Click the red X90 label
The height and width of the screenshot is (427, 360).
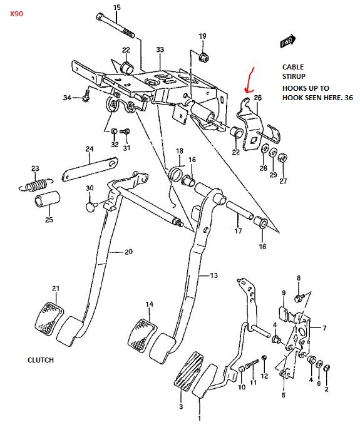coord(16,14)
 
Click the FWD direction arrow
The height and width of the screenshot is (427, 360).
coord(287,41)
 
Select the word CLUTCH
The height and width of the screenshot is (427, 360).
coord(41,360)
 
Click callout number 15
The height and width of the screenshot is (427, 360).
coord(117,8)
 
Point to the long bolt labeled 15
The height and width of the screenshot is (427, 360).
coord(115,25)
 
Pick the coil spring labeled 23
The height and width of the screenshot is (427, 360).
coord(36,185)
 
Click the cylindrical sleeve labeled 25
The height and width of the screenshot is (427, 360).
coord(48,199)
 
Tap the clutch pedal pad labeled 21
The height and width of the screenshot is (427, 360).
coord(49,317)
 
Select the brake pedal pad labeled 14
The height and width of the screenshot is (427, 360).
coord(142,334)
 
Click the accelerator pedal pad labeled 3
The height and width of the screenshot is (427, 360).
coord(188,371)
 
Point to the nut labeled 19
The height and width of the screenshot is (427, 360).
coord(203,57)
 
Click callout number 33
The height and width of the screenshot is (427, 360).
coord(160,49)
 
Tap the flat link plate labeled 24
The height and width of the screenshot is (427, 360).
coord(90,169)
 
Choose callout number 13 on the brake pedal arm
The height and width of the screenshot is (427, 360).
coord(213,275)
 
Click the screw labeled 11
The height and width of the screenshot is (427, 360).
coord(252,364)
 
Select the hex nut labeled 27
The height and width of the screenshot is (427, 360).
coord(282,158)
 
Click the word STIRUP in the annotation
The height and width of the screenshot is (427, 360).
coord(294,76)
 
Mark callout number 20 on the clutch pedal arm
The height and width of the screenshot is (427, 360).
coord(128,252)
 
